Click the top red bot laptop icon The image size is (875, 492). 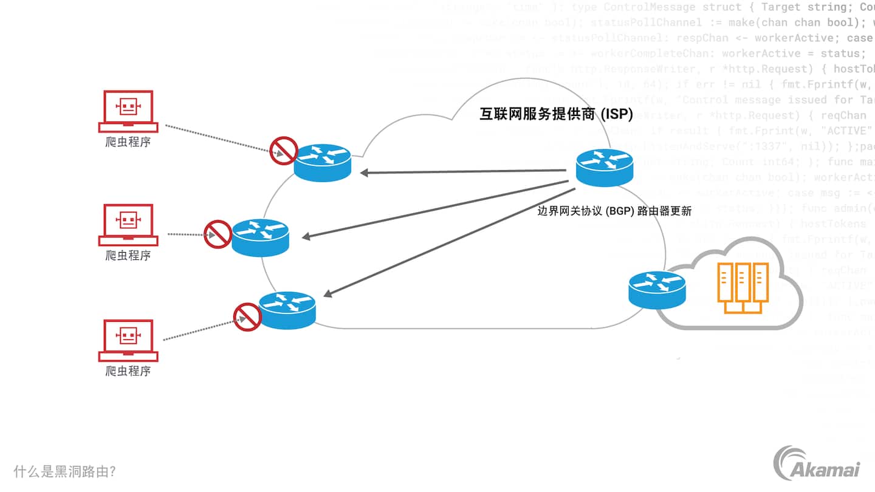pos(128,111)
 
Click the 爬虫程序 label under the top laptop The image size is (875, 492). pos(128,142)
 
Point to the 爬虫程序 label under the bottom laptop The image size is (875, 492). pos(128,371)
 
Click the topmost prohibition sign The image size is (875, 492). pos(283,151)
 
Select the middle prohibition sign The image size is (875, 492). pos(218,234)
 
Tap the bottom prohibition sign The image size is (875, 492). pos(247,316)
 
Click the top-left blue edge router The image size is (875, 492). pos(322,162)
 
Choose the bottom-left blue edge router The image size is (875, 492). pos(287,310)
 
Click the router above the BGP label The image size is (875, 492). pos(605,167)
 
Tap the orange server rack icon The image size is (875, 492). pos(743,288)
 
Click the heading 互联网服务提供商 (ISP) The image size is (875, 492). pos(556,115)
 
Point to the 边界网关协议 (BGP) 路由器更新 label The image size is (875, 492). pos(614,211)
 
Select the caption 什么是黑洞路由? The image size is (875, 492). pos(64,471)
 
